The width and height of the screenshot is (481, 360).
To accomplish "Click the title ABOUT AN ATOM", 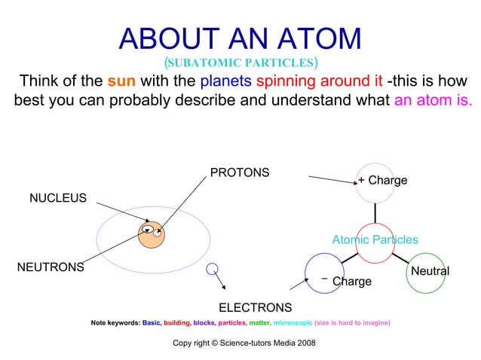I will [x=240, y=39].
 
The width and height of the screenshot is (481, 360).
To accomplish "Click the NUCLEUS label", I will [x=57, y=198].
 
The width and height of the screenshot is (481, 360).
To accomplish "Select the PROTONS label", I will [x=239, y=172].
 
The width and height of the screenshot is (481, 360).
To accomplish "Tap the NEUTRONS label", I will [x=51, y=267].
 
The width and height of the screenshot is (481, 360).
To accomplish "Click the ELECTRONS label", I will [x=255, y=307].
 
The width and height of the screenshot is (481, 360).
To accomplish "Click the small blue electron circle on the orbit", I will [x=213, y=268].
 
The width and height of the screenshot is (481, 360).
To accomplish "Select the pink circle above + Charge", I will [x=375, y=182].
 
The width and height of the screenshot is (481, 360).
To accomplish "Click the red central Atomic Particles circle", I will [x=375, y=243].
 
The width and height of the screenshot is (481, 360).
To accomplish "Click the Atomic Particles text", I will [x=375, y=239].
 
